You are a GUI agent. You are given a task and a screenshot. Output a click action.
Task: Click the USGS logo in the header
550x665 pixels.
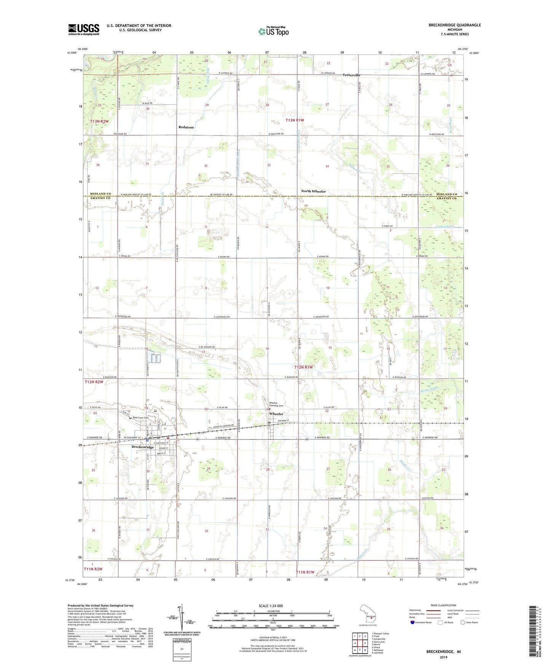pyautogui.click(x=84, y=29)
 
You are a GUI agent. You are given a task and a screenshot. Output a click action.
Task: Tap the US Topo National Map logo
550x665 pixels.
pyautogui.click(x=273, y=31)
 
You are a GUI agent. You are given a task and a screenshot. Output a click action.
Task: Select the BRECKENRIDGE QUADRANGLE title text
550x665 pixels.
pyautogui.click(x=454, y=25)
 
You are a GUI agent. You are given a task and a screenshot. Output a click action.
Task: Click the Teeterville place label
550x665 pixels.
pyautogui.click(x=351, y=75)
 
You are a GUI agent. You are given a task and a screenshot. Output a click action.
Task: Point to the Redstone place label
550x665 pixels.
pyautogui.click(x=186, y=127)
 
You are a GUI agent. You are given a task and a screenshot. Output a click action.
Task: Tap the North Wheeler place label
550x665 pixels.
pyautogui.click(x=313, y=191)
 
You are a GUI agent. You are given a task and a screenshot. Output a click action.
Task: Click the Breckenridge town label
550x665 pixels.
pyautogui.click(x=143, y=447)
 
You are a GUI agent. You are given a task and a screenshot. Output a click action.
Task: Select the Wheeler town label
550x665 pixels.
pyautogui.click(x=276, y=414)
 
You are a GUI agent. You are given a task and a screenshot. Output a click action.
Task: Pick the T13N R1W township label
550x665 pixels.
pyautogui.click(x=295, y=120)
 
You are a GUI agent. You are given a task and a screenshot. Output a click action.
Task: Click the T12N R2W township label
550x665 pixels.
pyautogui.click(x=94, y=382)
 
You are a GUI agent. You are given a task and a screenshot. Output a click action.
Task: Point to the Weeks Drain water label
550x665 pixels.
pyautogui.click(x=429, y=390)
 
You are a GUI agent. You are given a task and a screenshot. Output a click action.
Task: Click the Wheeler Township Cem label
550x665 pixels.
pyautogui.click(x=276, y=404)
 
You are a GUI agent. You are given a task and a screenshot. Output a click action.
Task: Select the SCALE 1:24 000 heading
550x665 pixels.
pyautogui.click(x=271, y=606)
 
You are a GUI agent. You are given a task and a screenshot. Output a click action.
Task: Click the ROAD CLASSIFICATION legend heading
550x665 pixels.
pyautogui.click(x=443, y=605)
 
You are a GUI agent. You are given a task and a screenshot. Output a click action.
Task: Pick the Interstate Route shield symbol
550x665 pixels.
pyautogui.click(x=412, y=622)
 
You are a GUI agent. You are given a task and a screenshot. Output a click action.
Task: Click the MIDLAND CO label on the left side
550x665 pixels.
pyautogui.click(x=100, y=194)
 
